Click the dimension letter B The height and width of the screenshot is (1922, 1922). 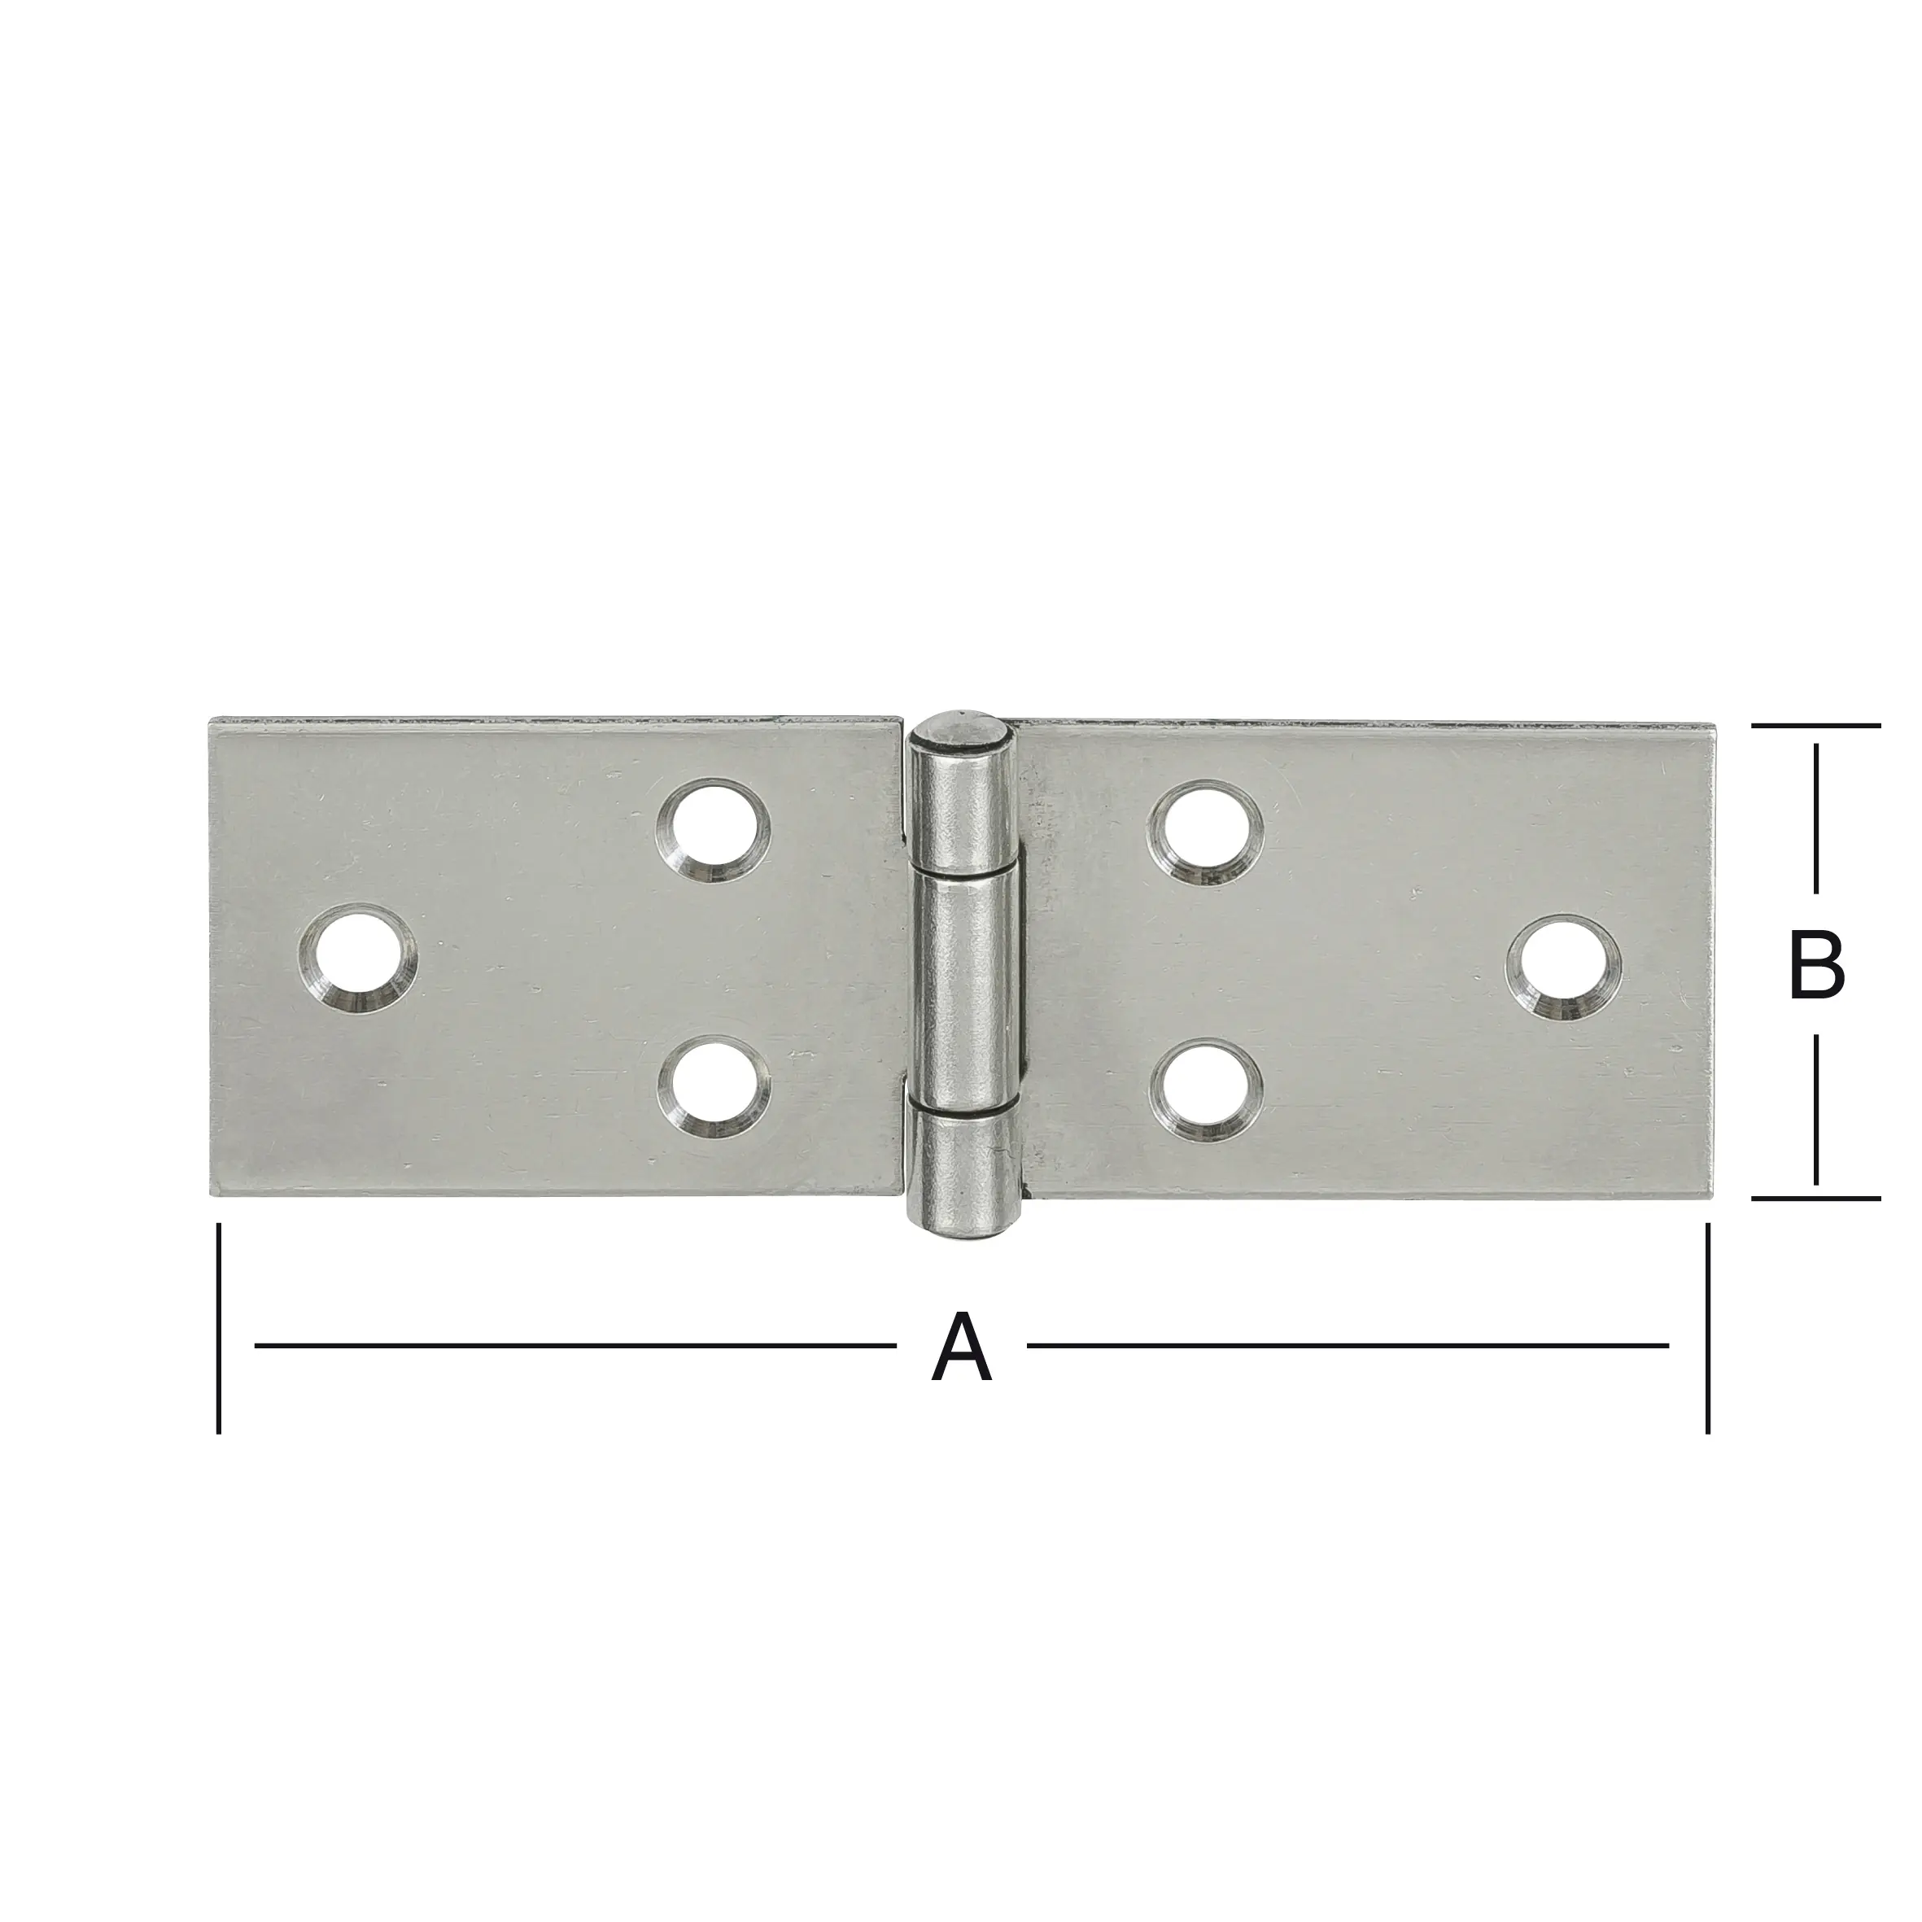pyautogui.click(x=1816, y=965)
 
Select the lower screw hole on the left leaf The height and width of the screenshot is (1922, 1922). pyautogui.click(x=714, y=1086)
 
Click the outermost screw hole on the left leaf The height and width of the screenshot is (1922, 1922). pyautogui.click(x=357, y=958)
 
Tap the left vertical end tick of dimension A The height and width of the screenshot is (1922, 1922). pyautogui.click(x=218, y=1328)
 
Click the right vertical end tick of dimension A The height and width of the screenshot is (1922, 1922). pyautogui.click(x=1707, y=1328)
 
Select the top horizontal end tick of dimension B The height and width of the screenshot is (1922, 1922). pyautogui.click(x=1815, y=726)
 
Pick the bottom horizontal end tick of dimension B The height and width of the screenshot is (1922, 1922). pyautogui.click(x=1815, y=1199)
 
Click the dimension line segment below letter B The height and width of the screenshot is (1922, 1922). pyautogui.click(x=1816, y=1110)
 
